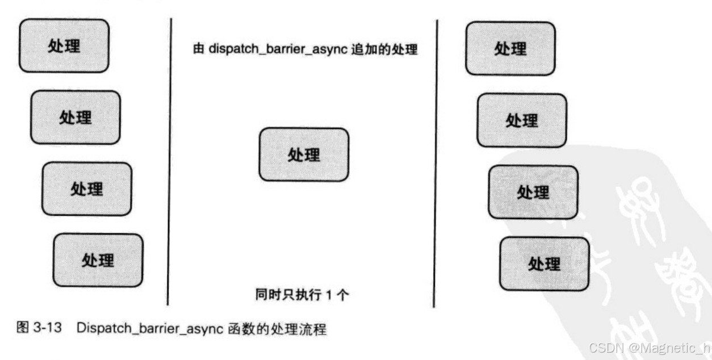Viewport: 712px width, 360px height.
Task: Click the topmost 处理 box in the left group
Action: tap(64, 46)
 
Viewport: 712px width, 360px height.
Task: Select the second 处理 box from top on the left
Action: tap(75, 118)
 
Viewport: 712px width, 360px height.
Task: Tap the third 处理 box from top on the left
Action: tap(86, 189)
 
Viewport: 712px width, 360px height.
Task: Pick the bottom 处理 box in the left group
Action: tap(98, 260)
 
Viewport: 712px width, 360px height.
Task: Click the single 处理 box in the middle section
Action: tap(304, 154)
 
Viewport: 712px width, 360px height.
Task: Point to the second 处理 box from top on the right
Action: tap(521, 120)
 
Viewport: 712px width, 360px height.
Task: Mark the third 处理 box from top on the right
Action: tap(533, 192)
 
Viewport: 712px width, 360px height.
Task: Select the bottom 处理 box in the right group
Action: tap(544, 263)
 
